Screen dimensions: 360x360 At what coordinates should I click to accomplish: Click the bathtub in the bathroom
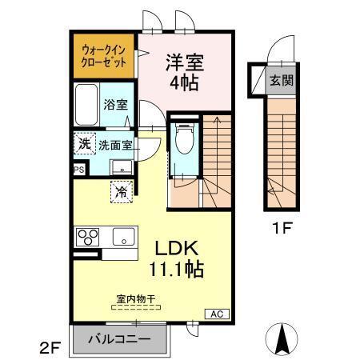86,104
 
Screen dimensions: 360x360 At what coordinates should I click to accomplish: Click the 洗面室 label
115,146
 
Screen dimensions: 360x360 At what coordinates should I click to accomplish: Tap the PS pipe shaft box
78,170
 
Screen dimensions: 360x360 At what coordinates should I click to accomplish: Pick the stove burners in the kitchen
87,238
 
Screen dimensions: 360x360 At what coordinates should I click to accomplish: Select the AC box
216,314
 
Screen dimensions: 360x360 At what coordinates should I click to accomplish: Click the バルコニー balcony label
121,339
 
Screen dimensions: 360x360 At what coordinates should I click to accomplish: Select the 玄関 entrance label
280,80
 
